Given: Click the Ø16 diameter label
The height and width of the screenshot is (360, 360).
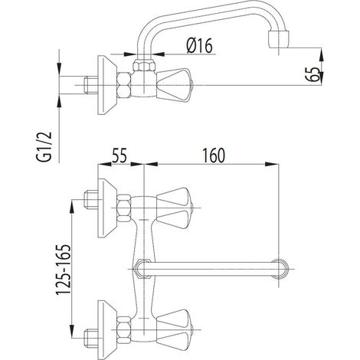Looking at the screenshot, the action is click(199, 45).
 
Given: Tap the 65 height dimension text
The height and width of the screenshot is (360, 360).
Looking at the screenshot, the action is click(313, 74).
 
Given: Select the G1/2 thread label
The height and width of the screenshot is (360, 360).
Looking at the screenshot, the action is click(44, 146).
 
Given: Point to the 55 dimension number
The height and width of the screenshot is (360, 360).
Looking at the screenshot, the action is click(119, 155).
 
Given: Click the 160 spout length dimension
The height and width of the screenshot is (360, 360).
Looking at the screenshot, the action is click(214, 155).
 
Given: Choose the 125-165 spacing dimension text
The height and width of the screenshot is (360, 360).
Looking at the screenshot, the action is click(63, 270).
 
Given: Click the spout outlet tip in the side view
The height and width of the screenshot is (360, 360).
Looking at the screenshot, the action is click(280, 39).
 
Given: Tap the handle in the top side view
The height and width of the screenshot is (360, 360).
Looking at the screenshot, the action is click(174, 85).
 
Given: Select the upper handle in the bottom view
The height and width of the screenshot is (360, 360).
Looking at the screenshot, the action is click(174, 208).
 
